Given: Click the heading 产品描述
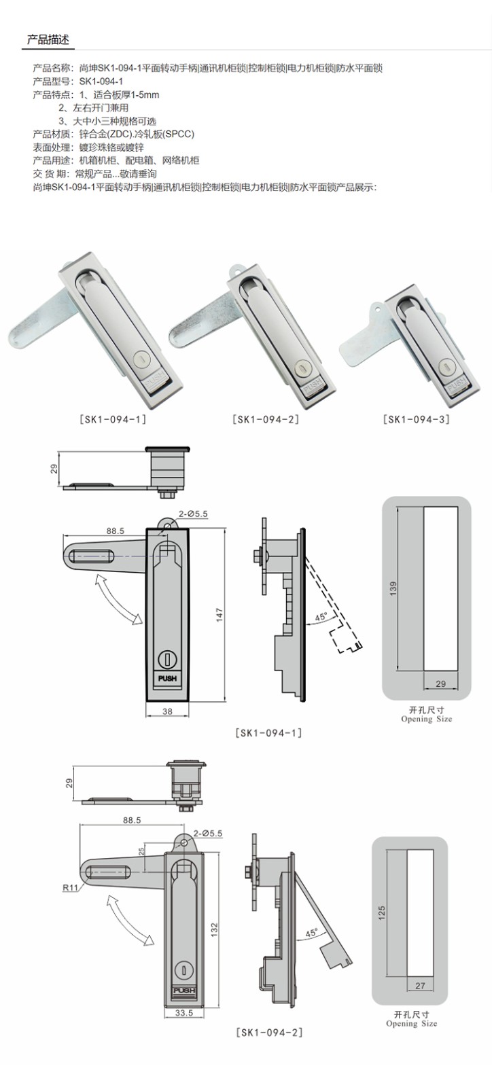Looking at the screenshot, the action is [x=48, y=39].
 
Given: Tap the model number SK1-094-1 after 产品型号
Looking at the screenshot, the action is [x=101, y=82].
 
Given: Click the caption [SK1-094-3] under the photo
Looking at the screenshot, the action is [x=416, y=419].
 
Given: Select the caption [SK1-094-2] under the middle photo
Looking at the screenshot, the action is [x=266, y=419].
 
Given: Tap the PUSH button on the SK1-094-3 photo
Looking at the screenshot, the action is [x=456, y=385].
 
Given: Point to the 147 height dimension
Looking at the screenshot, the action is [x=219, y=615].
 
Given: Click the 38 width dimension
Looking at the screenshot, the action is [x=167, y=711].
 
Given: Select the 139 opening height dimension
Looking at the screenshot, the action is [x=393, y=588].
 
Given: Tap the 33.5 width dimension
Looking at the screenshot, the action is [x=184, y=1013].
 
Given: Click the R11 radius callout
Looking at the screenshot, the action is [x=71, y=887].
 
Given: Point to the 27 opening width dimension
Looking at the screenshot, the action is [x=420, y=986].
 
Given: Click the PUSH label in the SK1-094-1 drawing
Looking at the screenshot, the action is [x=167, y=679].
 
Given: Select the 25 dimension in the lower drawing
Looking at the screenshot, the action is [x=141, y=852].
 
